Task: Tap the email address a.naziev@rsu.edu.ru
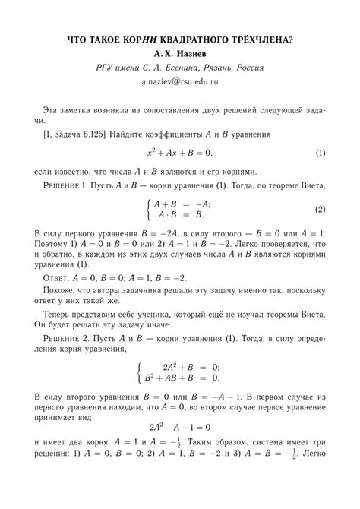[180, 81]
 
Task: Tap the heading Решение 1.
[67, 185]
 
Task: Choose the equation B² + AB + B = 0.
[181, 377]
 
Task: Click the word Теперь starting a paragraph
[59, 323]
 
